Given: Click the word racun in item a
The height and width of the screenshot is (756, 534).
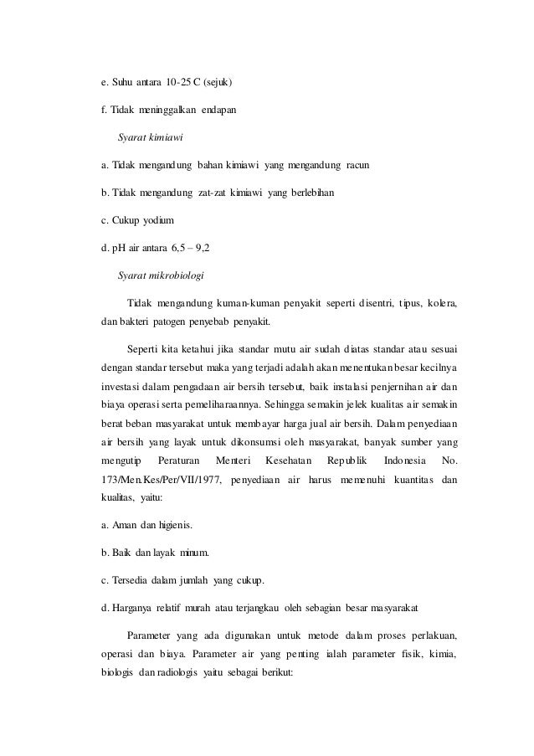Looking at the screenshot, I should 361,165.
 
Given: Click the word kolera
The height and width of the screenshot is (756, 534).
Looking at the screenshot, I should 444,302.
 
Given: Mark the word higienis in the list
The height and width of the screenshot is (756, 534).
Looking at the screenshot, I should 175,526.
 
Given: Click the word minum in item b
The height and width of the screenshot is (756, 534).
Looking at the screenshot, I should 194,553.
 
